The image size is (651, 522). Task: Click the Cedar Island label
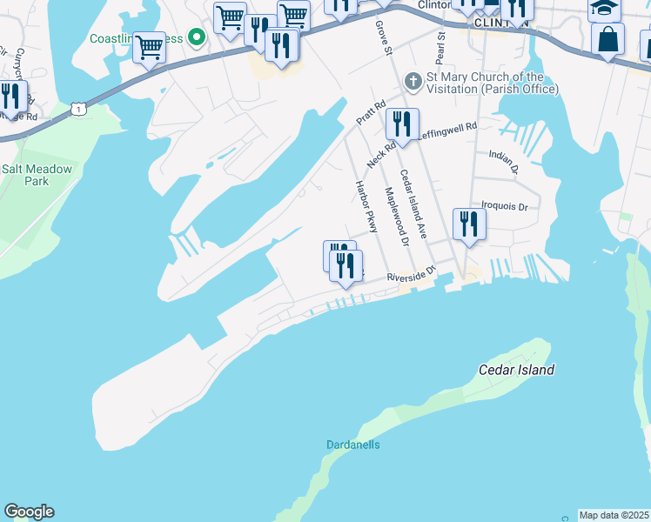[x=517, y=370]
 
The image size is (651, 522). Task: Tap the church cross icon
[x=413, y=83]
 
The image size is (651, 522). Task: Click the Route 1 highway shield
[x=79, y=109]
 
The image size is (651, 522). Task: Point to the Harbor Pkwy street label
[x=365, y=207]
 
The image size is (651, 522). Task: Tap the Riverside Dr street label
[x=410, y=275]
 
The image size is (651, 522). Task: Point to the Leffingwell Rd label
[x=447, y=130]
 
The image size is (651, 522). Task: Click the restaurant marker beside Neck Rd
[x=402, y=124]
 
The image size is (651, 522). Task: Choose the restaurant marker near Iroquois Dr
[x=469, y=224]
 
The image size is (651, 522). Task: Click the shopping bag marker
[x=607, y=39]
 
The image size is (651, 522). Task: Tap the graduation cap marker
[x=604, y=9]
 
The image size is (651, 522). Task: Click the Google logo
[x=29, y=512]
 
